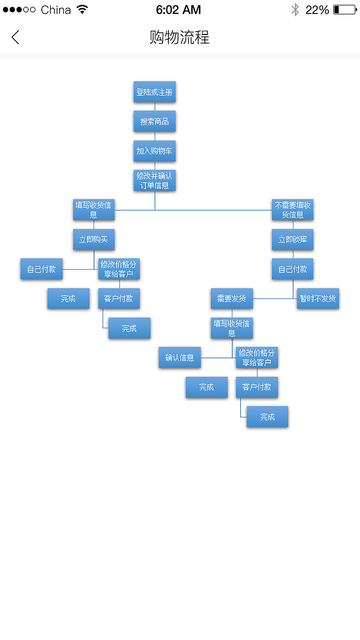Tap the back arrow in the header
[15, 37]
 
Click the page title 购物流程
[180, 37]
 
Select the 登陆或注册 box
[155, 92]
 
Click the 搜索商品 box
[155, 121]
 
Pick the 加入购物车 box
[155, 151]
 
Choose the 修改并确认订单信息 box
[155, 180]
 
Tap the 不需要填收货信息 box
[292, 210]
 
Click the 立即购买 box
[94, 239]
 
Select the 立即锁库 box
[292, 239]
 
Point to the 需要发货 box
[232, 298]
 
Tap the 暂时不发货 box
[318, 298]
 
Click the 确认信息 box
[180, 357]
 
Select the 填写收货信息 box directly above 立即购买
[94, 210]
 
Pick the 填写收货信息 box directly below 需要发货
[232, 328]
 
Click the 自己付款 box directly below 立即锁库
[292, 269]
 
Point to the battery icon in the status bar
[345, 10]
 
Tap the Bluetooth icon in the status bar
[295, 10]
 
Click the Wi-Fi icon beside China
[83, 10]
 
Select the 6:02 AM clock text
[179, 10]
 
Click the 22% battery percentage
[317, 10]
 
